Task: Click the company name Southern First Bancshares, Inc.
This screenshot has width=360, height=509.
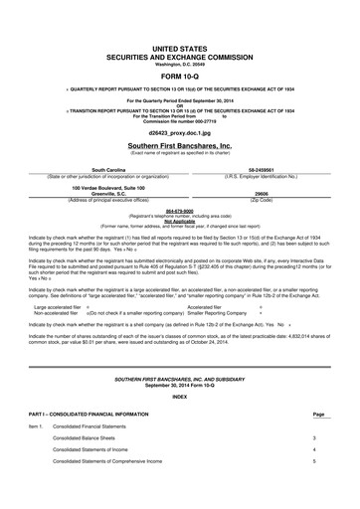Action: pyautogui.click(x=180, y=145)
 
